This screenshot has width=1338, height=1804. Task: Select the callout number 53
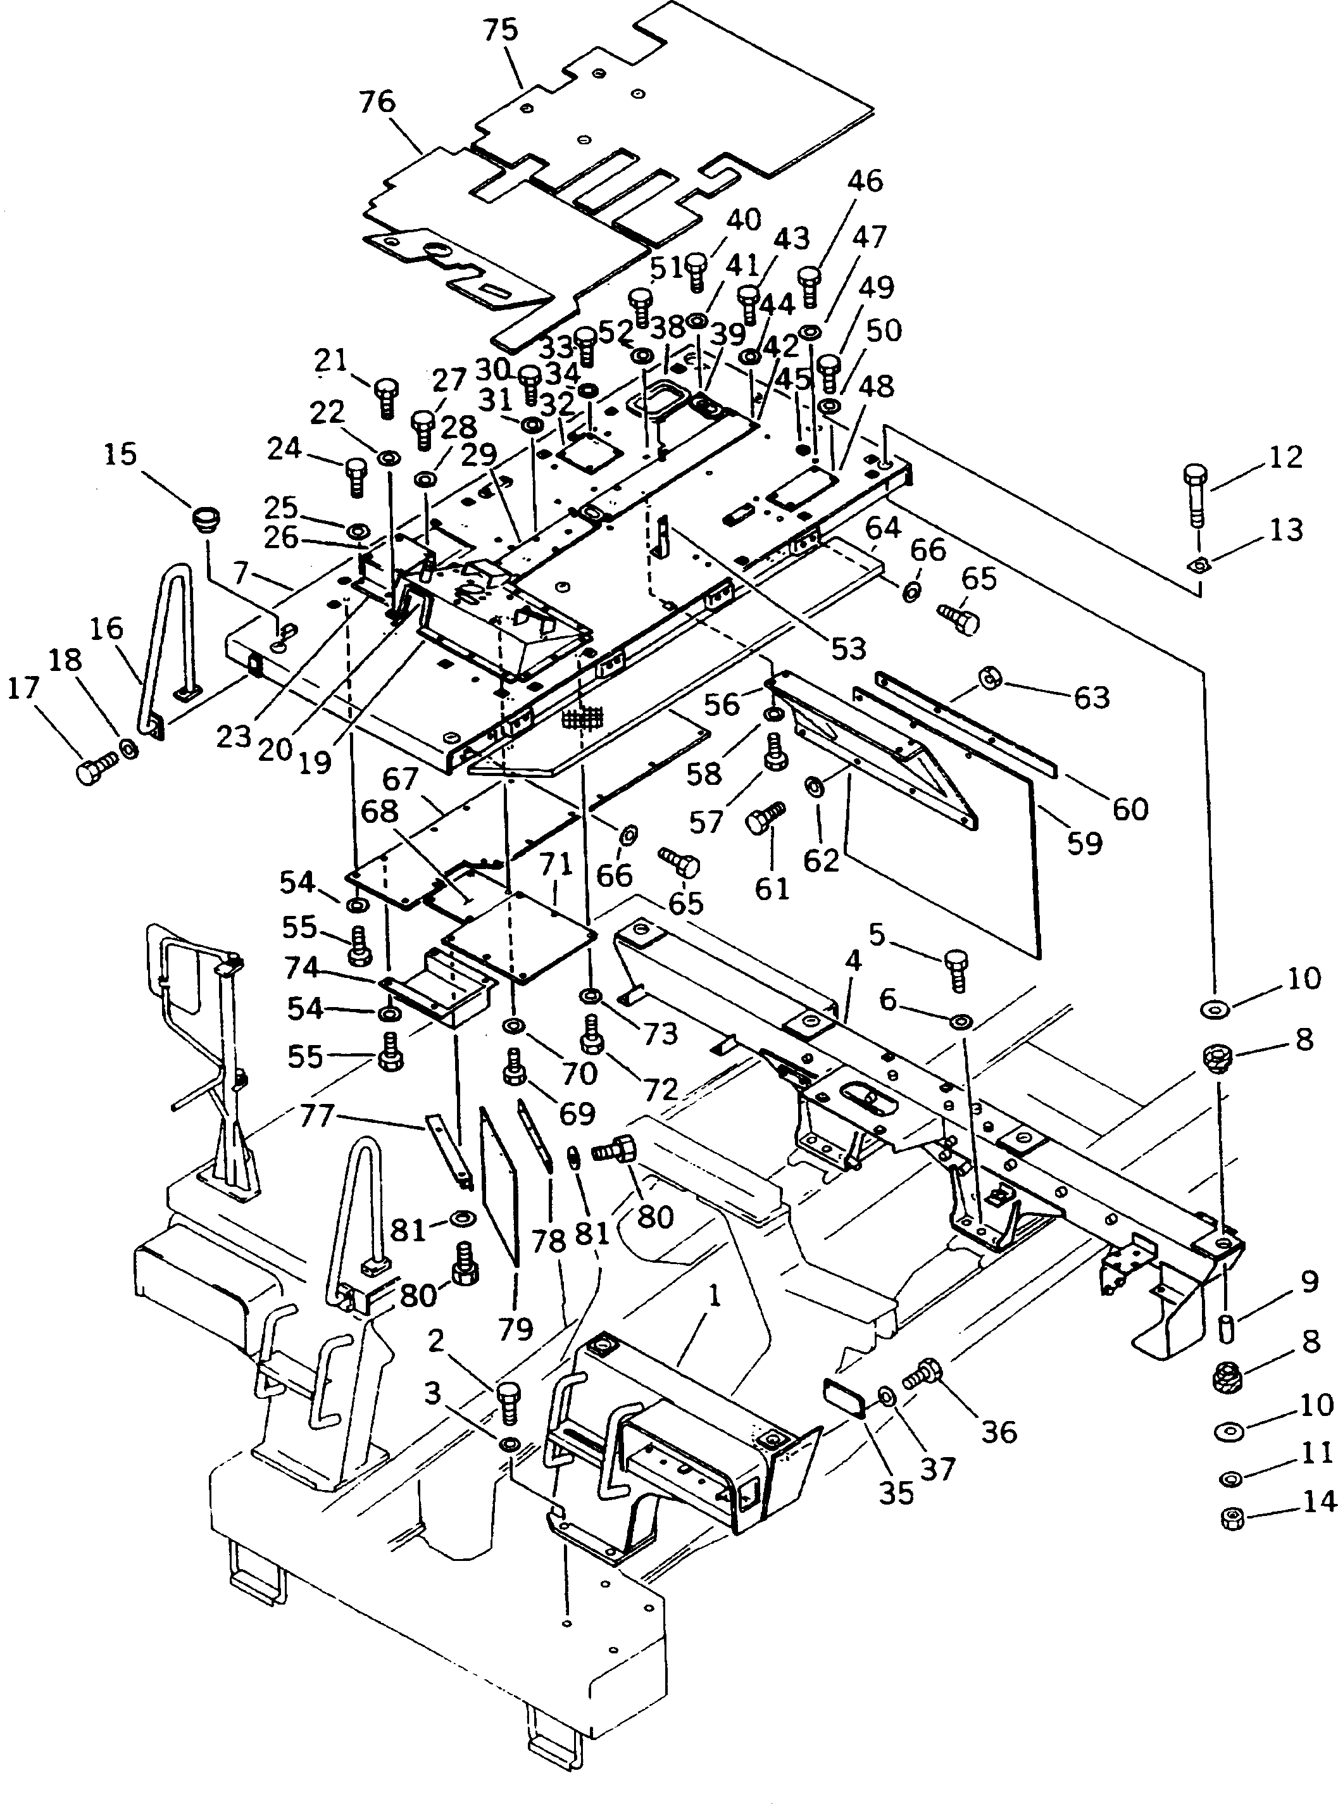(848, 648)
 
